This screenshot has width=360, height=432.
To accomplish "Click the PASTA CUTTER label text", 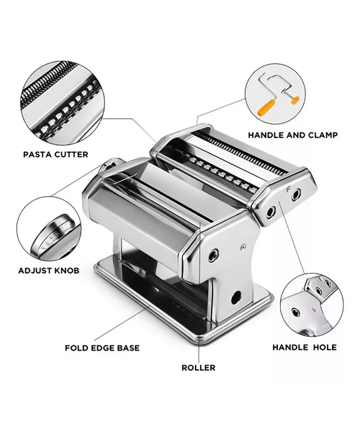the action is [55, 154].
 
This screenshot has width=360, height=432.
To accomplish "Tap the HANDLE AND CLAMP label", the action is [293, 135].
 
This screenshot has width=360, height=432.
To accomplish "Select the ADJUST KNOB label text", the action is [49, 271].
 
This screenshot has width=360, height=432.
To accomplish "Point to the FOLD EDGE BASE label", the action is [102, 348].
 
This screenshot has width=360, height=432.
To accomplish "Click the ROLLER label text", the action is [198, 367].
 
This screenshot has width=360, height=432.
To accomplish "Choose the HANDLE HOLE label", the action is [305, 347].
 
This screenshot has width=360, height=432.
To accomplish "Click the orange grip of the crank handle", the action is [266, 107].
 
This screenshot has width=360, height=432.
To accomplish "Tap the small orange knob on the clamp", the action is [295, 100].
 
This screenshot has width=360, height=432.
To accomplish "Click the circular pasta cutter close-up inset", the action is [63, 103].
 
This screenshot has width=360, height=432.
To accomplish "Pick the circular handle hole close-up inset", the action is [312, 305].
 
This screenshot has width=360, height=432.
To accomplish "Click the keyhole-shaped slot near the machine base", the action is [236, 297].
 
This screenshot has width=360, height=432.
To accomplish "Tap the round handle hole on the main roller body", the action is [213, 255].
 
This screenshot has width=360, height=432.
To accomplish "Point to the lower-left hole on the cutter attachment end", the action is [271, 212].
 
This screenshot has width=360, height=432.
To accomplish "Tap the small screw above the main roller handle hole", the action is [243, 247].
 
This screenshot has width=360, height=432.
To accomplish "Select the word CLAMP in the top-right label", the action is [323, 135].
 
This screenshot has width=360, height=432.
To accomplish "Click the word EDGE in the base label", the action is [102, 348].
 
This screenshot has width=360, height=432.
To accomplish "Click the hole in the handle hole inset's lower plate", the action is [295, 312].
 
